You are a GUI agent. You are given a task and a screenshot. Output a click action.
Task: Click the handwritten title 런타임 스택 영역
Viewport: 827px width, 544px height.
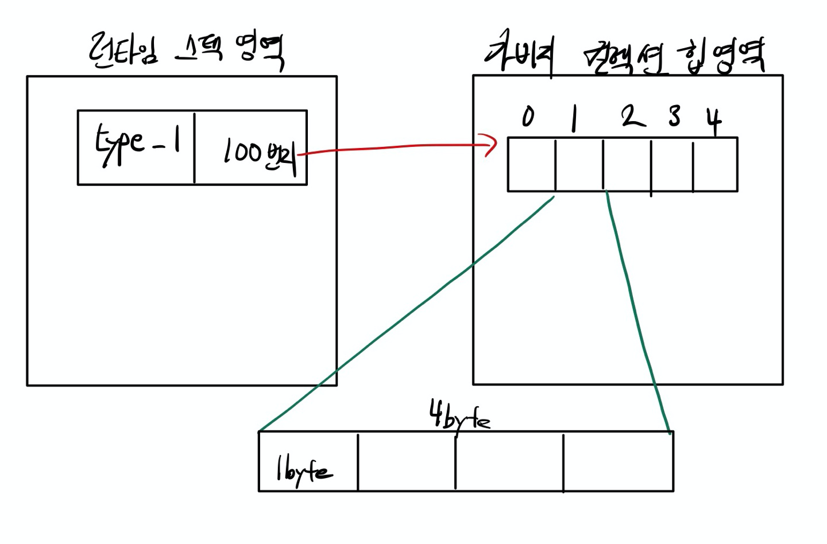coord(187,50)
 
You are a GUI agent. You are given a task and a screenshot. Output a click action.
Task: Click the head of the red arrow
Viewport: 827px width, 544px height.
coord(492,144)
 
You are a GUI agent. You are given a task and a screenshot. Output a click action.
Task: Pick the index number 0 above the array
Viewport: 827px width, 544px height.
coord(528,116)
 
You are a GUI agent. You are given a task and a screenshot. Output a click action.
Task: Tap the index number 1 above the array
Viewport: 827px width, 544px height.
coord(573,119)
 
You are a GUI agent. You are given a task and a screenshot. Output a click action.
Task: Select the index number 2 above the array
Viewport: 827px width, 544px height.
coord(632,116)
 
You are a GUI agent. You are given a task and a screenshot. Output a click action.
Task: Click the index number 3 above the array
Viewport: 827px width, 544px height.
coord(674,116)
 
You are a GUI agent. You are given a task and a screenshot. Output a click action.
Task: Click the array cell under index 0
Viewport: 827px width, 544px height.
coord(531,165)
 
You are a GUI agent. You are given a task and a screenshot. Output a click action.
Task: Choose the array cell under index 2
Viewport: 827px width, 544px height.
coord(627,165)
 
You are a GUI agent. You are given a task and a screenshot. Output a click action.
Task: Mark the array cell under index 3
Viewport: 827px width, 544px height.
coord(671,165)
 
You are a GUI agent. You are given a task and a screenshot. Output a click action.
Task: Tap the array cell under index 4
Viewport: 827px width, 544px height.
coord(715,165)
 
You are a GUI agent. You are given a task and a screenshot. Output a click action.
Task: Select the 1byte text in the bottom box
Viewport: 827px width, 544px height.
coord(304,471)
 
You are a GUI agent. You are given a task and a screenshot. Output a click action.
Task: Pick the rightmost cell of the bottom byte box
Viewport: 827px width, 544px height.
coord(618,462)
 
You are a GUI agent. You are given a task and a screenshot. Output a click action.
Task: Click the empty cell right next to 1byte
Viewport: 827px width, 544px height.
coord(406,462)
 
